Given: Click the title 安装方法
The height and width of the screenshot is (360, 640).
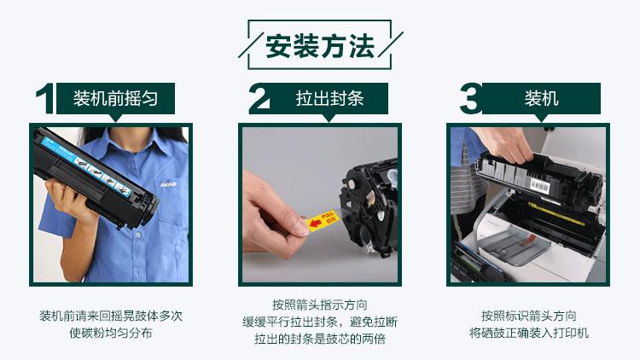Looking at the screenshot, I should click(319, 46).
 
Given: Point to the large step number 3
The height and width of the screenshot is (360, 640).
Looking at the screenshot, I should click(470, 100).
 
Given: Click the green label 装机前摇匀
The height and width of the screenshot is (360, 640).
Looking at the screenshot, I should click(115, 98).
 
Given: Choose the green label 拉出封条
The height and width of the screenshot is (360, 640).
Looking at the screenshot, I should click(329, 98).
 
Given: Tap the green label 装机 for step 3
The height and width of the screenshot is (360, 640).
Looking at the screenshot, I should click(541, 98).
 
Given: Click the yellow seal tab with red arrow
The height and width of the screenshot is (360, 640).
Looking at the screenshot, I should click(323, 219).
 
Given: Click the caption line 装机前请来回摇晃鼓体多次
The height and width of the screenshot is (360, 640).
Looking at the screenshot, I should click(111, 316).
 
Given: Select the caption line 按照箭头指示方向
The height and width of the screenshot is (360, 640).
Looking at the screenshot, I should click(319, 305).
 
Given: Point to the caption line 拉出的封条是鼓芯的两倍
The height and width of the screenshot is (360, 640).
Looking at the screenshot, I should click(319, 340).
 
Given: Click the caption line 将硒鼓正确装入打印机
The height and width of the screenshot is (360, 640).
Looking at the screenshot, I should click(528, 333).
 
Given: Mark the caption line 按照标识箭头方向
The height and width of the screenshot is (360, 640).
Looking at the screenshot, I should click(528, 315).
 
